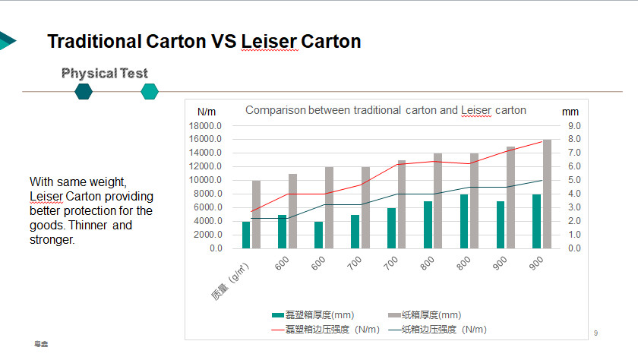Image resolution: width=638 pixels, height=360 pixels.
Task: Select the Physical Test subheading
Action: [x=105, y=74]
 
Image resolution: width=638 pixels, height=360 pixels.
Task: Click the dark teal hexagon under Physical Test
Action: [x=84, y=92]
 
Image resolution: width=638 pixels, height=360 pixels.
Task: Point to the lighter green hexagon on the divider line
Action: [x=150, y=92]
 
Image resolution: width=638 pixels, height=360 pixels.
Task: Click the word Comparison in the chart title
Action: [x=275, y=110]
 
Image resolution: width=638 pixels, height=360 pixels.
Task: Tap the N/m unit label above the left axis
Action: [x=207, y=112]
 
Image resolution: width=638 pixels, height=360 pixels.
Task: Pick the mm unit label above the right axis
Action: [x=570, y=112]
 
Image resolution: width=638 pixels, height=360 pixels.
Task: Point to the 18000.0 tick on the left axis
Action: [x=206, y=126]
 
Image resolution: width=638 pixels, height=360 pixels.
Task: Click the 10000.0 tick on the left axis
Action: [x=206, y=180]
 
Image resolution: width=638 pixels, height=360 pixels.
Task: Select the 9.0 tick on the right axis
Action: [x=574, y=126]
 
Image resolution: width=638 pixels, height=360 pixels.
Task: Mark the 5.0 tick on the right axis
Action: [x=574, y=180]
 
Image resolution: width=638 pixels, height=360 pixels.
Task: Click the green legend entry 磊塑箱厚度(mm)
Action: [x=313, y=315]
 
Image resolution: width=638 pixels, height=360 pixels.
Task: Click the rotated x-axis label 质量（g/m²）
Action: [x=231, y=279]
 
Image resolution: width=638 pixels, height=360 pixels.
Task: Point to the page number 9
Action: [x=595, y=333]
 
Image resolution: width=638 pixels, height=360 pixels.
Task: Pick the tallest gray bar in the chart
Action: [x=547, y=194]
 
